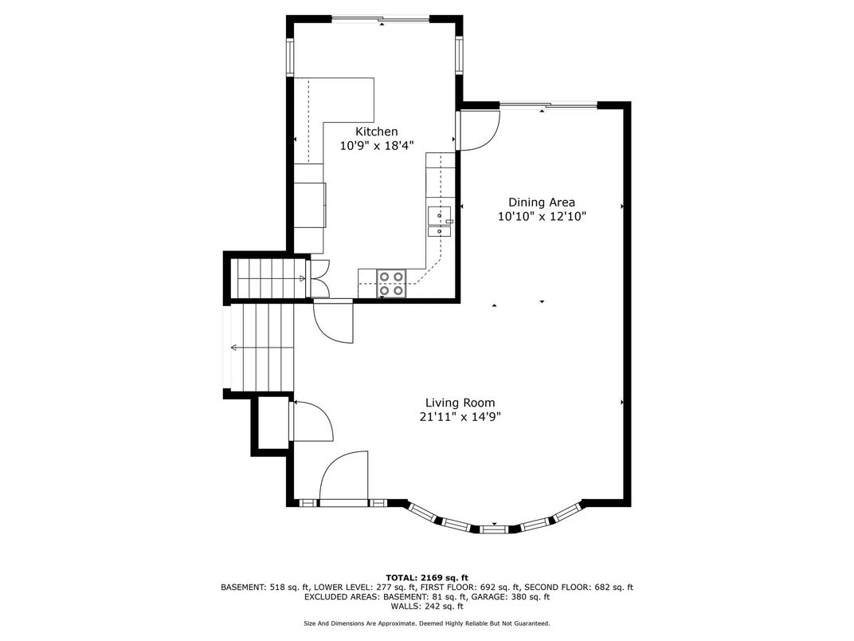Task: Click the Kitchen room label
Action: (x=376, y=132)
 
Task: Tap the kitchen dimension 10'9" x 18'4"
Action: (x=377, y=146)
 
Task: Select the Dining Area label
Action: (x=542, y=203)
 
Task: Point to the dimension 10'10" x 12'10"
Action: (x=542, y=216)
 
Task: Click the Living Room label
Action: (x=460, y=403)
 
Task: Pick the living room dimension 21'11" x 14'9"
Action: (x=460, y=417)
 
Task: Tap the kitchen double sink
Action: (x=440, y=222)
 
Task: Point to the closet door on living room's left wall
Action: (x=311, y=421)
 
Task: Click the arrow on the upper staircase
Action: (x=272, y=278)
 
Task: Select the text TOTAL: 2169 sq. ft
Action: (x=427, y=578)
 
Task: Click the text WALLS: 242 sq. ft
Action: (x=427, y=606)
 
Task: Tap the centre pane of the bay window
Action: (x=495, y=528)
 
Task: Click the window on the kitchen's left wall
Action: (x=290, y=57)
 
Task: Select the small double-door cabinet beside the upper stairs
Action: (x=319, y=278)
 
